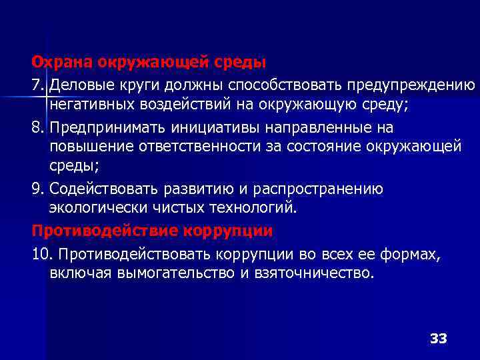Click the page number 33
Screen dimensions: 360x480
(x=438, y=338)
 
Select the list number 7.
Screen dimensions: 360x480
(x=38, y=85)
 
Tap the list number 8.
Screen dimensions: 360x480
(x=38, y=127)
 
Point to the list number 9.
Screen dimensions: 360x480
(x=38, y=189)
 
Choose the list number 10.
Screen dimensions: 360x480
(x=43, y=253)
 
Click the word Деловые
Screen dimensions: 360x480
(x=79, y=85)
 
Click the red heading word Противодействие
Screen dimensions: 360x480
(x=97, y=231)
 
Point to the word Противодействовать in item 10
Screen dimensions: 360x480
(x=129, y=253)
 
